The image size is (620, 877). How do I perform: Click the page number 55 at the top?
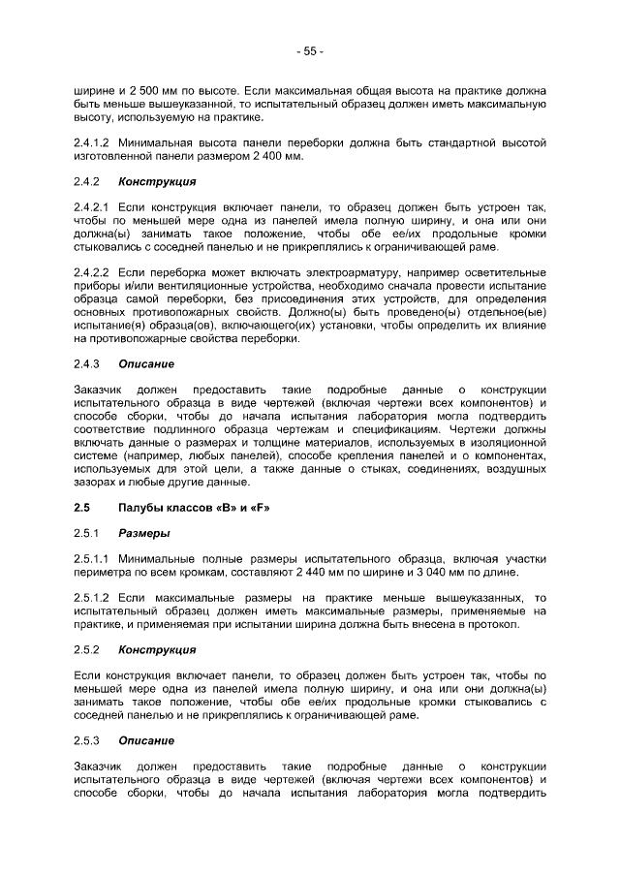pos(310,50)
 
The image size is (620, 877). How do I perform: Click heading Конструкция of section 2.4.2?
pos(157,181)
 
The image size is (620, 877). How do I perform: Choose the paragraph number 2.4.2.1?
pos(94,206)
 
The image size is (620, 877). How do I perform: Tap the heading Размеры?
pos(143,532)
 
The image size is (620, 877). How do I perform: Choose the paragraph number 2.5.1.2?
pos(94,597)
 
